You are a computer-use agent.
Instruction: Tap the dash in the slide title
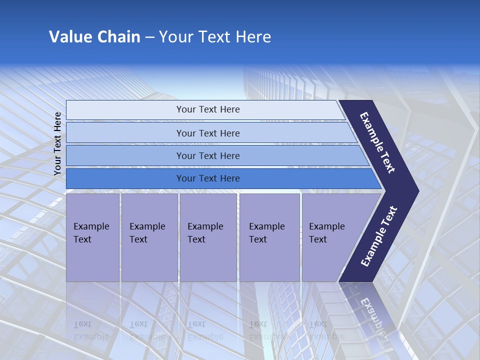coord(149,37)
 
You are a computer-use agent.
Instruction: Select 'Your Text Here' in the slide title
coord(215,37)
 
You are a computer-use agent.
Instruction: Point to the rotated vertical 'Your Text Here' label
coord(57,143)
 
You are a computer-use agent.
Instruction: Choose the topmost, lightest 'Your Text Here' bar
coord(207,109)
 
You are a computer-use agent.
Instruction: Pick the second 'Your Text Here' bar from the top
coord(207,133)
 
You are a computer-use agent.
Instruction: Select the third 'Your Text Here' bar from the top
coord(207,155)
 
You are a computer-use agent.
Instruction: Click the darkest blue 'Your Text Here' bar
coord(207,178)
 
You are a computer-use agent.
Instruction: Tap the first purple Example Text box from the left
coord(92,237)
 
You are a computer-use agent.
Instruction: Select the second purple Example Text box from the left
coord(149,237)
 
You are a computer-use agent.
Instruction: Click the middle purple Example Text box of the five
coord(207,237)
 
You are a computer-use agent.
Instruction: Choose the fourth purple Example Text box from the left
coord(269,237)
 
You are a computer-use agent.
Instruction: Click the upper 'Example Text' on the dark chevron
coord(377,142)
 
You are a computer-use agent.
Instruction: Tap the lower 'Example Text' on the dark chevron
coord(379,236)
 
